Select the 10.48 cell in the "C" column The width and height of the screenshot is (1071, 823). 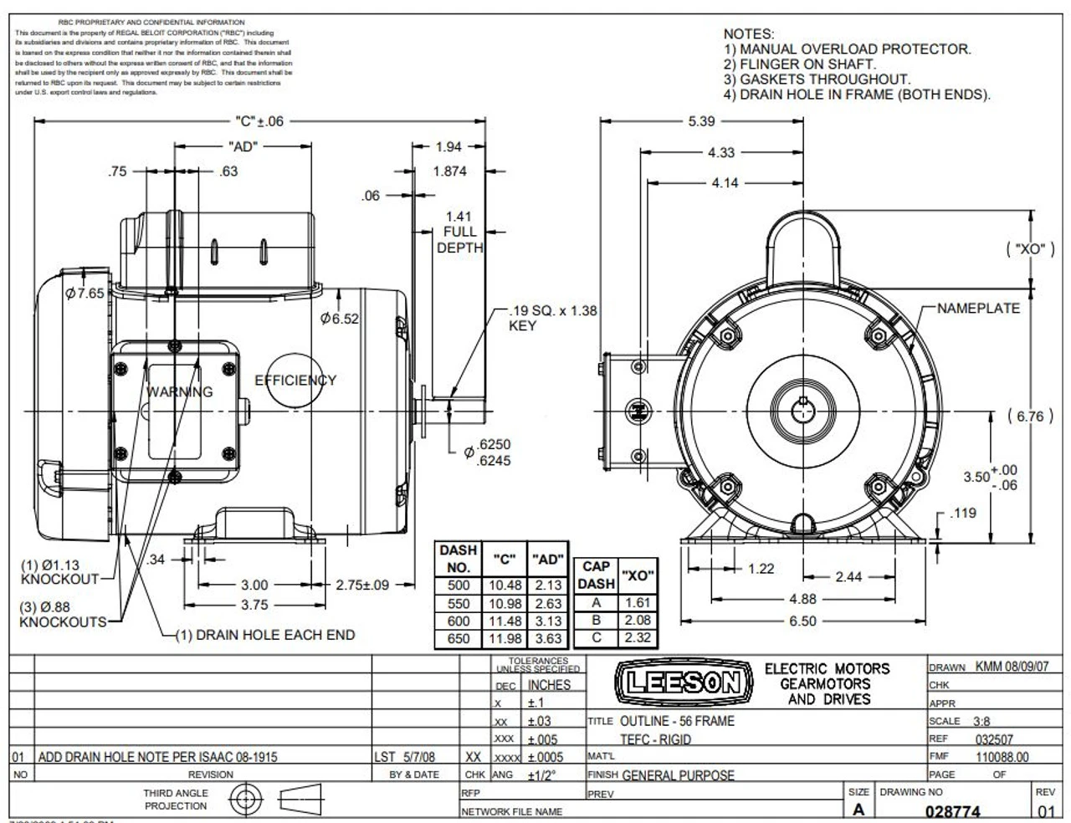[505, 585]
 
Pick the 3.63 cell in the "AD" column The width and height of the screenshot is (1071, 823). [548, 639]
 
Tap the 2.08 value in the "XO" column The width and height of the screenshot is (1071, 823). [638, 621]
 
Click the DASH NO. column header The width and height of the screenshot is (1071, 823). [458, 558]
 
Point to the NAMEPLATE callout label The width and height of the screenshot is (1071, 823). [978, 309]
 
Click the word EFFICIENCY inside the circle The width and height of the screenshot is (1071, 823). [295, 381]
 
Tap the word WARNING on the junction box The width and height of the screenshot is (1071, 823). [180, 391]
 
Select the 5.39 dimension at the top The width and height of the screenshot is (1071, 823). [701, 121]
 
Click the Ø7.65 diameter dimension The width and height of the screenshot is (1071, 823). [85, 294]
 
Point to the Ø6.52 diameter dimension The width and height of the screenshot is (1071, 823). [340, 319]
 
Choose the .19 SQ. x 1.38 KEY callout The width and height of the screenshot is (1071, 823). [552, 318]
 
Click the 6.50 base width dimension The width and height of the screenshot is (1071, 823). [802, 621]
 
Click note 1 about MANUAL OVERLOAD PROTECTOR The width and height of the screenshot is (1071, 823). [847, 49]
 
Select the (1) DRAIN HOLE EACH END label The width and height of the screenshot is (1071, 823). [264, 635]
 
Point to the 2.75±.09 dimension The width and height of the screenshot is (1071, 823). [362, 585]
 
